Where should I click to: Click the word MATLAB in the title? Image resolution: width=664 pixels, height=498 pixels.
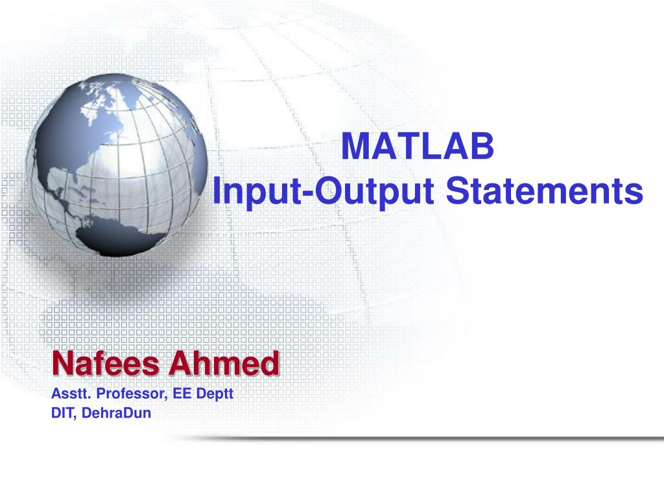tap(418, 147)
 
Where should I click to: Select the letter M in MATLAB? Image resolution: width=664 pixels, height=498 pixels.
tap(353, 147)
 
